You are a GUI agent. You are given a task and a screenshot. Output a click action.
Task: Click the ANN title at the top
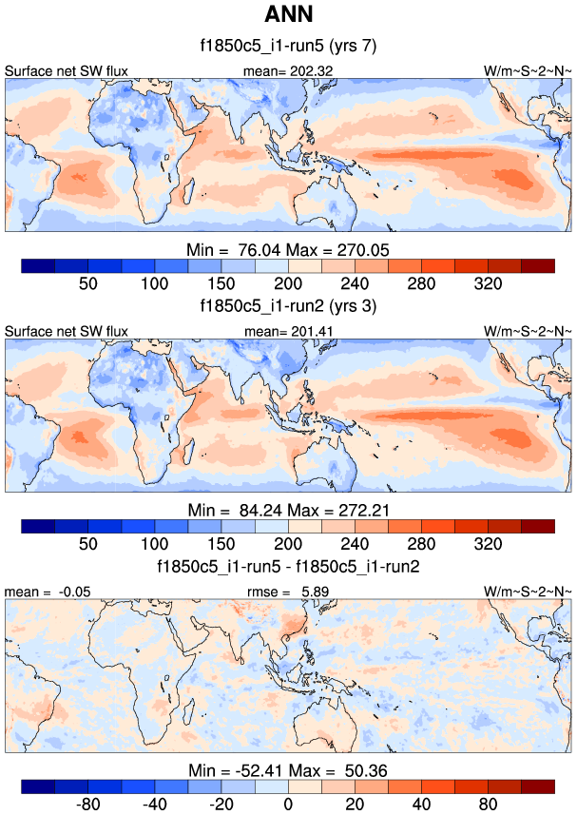click(x=289, y=15)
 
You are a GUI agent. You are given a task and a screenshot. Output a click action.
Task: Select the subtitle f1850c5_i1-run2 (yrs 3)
click(x=289, y=308)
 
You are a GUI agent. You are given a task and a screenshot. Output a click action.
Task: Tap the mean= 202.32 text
click(x=289, y=70)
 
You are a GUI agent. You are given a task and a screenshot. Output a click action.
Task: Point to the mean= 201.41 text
click(x=289, y=331)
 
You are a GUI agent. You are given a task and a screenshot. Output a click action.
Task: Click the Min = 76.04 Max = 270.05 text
click(x=289, y=249)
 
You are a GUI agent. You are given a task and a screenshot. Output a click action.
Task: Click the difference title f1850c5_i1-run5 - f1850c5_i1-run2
click(x=289, y=568)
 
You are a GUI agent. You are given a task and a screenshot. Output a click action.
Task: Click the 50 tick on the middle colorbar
click(x=88, y=545)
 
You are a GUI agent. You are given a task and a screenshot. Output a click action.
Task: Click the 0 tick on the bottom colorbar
click(x=289, y=805)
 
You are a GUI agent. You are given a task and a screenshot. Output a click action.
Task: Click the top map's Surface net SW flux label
click(x=67, y=70)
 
